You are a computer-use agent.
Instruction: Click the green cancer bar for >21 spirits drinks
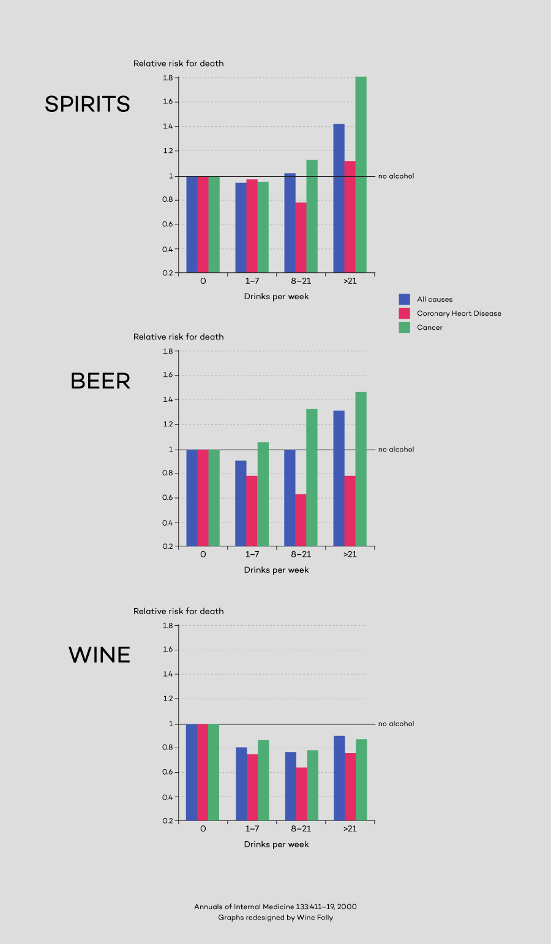click(361, 174)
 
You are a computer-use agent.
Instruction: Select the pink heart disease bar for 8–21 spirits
click(301, 237)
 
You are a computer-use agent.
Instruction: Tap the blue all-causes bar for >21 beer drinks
click(339, 478)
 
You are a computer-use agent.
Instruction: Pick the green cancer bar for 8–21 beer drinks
click(312, 477)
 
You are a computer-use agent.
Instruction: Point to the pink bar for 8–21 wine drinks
click(301, 793)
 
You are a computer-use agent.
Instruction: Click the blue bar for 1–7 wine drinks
click(241, 784)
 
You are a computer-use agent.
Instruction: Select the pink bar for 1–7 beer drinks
click(252, 511)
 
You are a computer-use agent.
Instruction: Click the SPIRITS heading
click(88, 104)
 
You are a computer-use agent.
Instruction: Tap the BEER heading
click(100, 381)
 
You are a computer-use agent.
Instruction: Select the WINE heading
click(99, 655)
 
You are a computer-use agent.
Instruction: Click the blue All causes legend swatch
click(404, 299)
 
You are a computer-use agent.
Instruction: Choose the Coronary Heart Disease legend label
click(459, 313)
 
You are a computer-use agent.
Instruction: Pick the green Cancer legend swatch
click(404, 327)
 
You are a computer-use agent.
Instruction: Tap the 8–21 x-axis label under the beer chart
click(301, 554)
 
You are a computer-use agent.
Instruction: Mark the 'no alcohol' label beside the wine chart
click(396, 724)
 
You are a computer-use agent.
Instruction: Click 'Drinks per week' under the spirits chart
click(276, 297)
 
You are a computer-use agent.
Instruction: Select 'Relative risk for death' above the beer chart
click(178, 337)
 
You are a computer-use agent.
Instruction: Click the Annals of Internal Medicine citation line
click(275, 907)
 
